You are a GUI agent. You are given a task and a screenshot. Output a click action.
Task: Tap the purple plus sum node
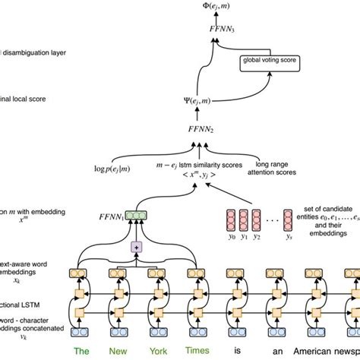click(x=137, y=247)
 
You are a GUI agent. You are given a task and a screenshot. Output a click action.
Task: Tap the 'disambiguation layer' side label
click(x=38, y=52)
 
